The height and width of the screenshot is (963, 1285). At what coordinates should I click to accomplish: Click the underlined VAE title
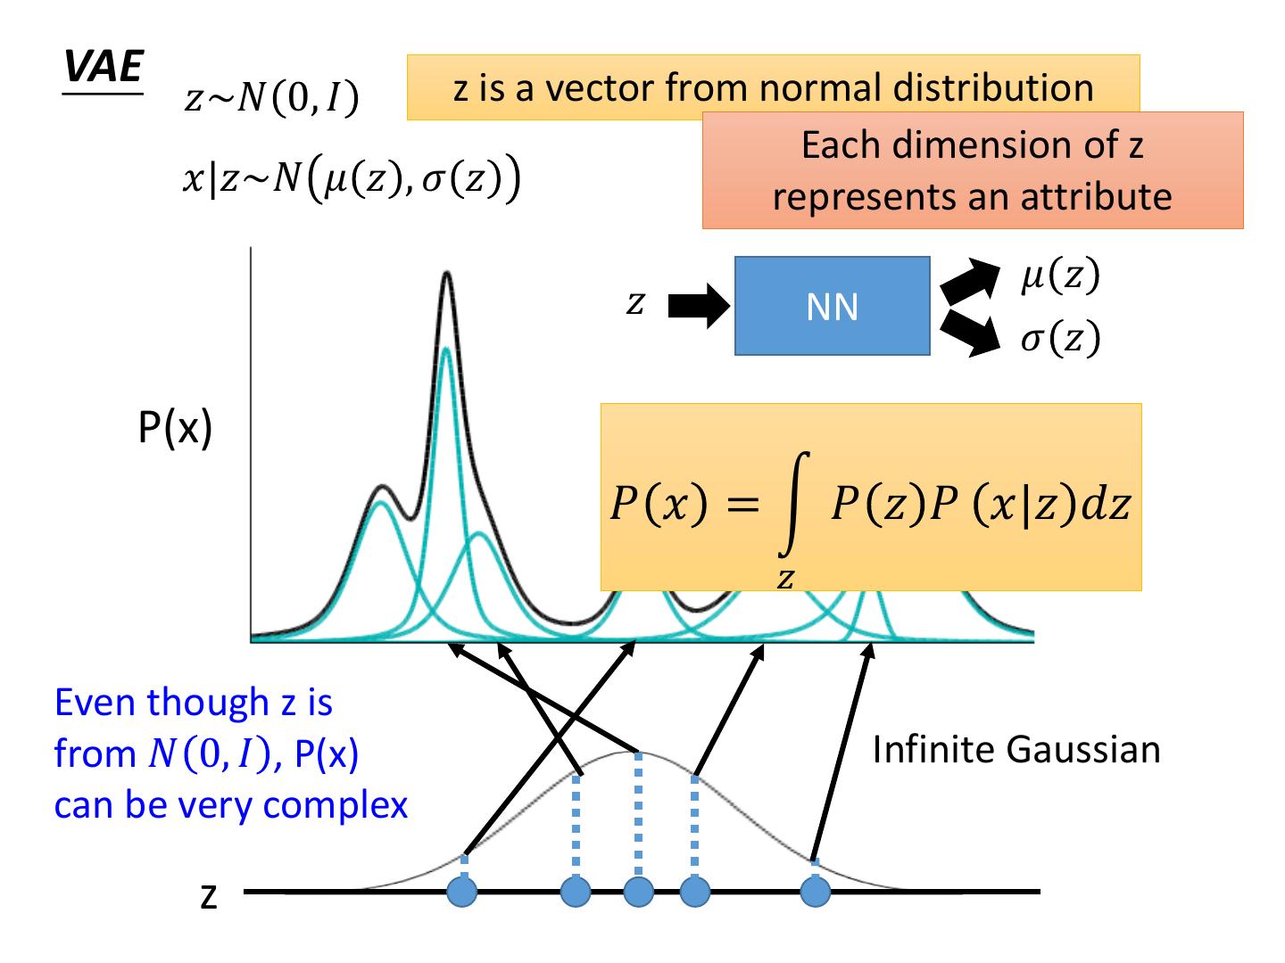pyautogui.click(x=104, y=67)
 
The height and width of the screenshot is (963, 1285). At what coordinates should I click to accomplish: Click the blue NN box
pyautogui.click(x=832, y=307)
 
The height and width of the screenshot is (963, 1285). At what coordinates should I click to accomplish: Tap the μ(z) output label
pyautogui.click(x=1060, y=276)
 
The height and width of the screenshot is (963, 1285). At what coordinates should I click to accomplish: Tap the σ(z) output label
pyautogui.click(x=1060, y=339)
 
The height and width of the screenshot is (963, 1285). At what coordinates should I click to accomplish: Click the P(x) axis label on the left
pyautogui.click(x=175, y=429)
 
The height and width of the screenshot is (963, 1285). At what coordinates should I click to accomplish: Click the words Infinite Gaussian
pyautogui.click(x=1016, y=750)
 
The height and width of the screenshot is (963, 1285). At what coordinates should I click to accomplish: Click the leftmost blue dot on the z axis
pyautogui.click(x=462, y=891)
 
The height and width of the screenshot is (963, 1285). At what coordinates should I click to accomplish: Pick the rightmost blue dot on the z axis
pyautogui.click(x=816, y=891)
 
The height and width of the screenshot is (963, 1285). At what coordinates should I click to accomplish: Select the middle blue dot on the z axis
pyautogui.click(x=638, y=891)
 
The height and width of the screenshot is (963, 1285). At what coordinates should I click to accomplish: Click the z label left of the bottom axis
pyautogui.click(x=208, y=896)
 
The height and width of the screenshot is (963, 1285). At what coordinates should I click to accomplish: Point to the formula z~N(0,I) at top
pyautogui.click(x=271, y=99)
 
